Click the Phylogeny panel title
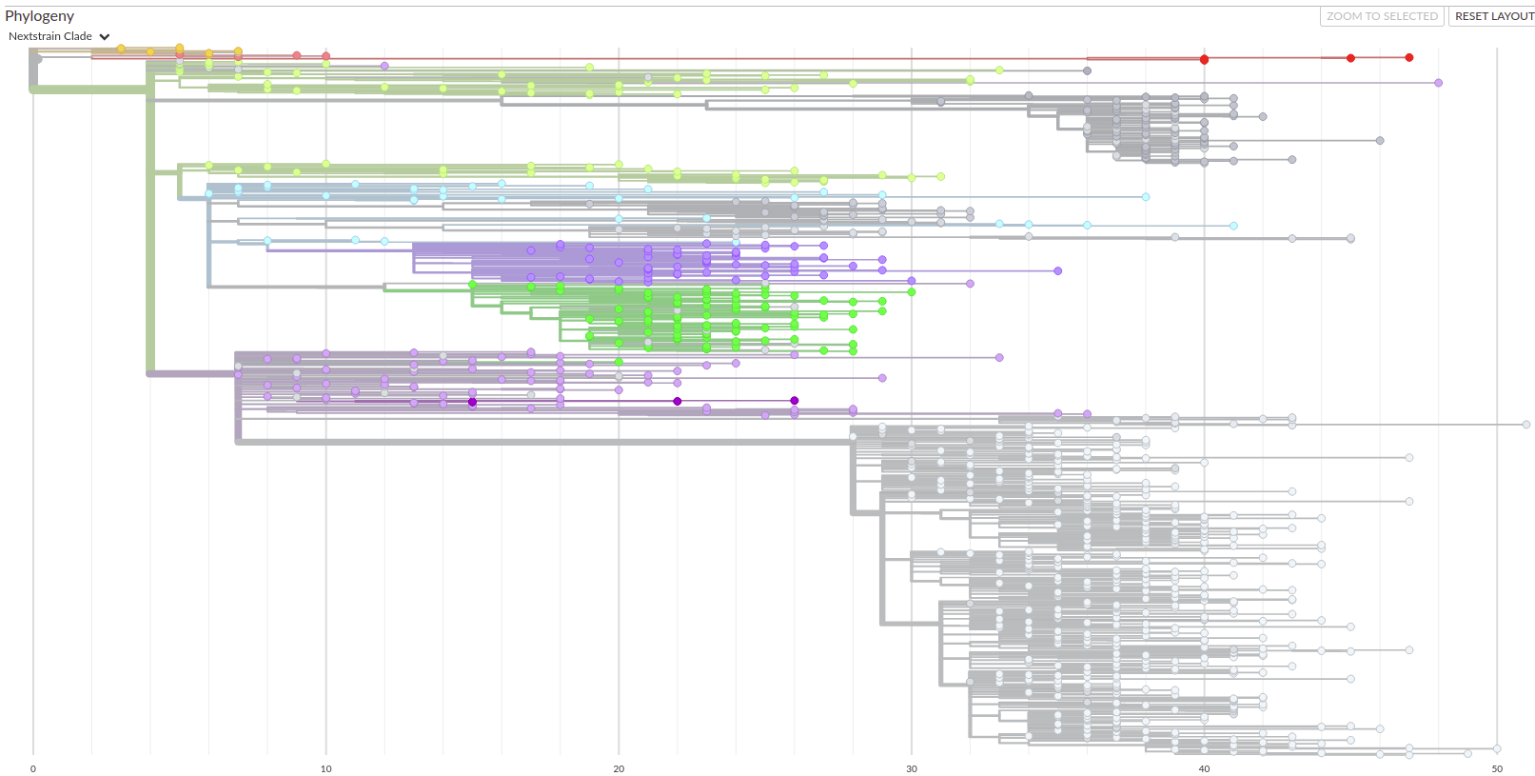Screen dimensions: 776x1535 pyautogui.click(x=39, y=16)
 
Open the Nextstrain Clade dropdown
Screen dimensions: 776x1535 pyautogui.click(x=59, y=36)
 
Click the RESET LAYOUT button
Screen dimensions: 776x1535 pyautogui.click(x=1493, y=16)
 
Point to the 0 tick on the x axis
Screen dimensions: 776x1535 pyautogui.click(x=33, y=768)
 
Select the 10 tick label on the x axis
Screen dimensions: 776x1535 pyautogui.click(x=326, y=768)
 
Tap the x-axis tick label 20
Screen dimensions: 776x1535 pyautogui.click(x=619, y=768)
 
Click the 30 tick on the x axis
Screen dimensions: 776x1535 pyautogui.click(x=912, y=768)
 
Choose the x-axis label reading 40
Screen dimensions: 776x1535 pyautogui.click(x=1204, y=768)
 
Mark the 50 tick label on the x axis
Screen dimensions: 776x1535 pyautogui.click(x=1497, y=768)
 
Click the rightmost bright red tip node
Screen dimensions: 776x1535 pyautogui.click(x=1409, y=57)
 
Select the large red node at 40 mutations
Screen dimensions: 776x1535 pyautogui.click(x=1204, y=59)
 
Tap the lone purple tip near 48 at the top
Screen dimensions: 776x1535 pyautogui.click(x=1438, y=83)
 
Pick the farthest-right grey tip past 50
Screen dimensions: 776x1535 pyautogui.click(x=1526, y=425)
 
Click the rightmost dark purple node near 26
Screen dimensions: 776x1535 pyautogui.click(x=795, y=401)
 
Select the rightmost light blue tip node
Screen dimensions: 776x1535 pyautogui.click(x=1233, y=226)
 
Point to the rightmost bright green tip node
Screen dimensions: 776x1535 pyautogui.click(x=912, y=291)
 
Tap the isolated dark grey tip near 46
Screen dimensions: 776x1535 pyautogui.click(x=1380, y=141)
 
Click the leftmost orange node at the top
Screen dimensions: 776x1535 pyautogui.click(x=121, y=49)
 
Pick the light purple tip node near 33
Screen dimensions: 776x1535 pyautogui.click(x=999, y=358)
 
